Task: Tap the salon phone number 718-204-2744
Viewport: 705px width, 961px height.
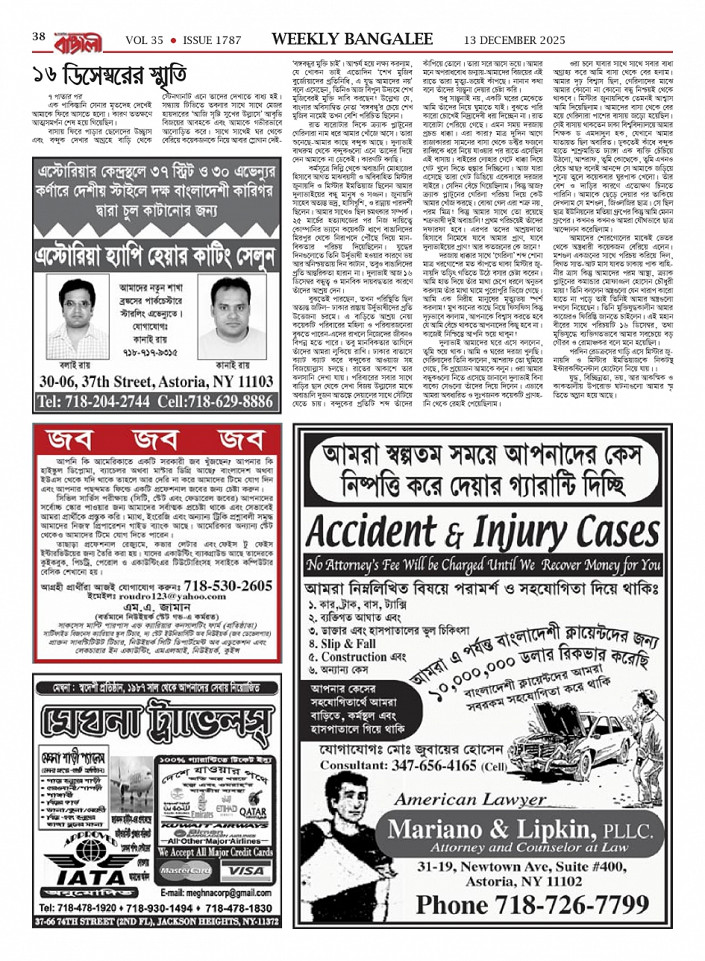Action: click(x=93, y=401)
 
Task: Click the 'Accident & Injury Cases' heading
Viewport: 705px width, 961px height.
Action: click(x=480, y=532)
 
